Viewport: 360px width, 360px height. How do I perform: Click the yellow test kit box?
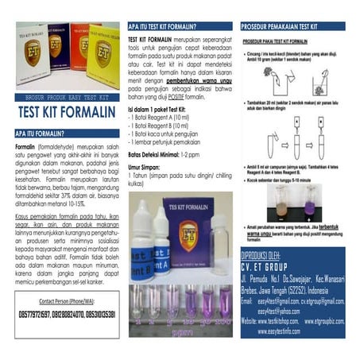pos(103,56)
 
